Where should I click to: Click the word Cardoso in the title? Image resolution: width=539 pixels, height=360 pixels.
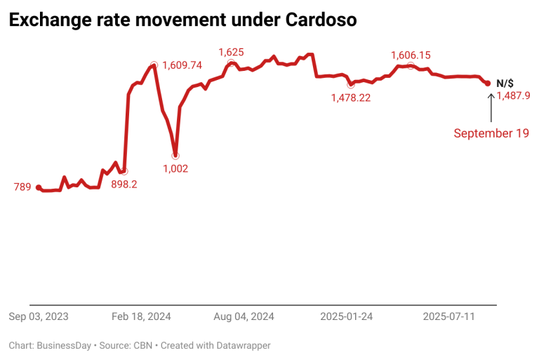pyautogui.click(x=321, y=20)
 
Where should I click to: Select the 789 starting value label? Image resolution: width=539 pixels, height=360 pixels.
pyautogui.click(x=22, y=187)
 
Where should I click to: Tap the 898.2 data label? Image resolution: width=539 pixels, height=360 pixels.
pyautogui.click(x=124, y=184)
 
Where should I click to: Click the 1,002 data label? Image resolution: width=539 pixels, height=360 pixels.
pyautogui.click(x=175, y=168)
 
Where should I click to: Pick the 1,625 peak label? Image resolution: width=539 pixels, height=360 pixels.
pyautogui.click(x=231, y=52)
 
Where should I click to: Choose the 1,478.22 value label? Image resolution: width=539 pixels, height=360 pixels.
pyautogui.click(x=350, y=98)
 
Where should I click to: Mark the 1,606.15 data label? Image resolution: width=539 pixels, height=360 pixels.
pyautogui.click(x=411, y=55)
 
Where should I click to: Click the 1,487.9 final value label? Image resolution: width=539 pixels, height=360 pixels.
pyautogui.click(x=512, y=96)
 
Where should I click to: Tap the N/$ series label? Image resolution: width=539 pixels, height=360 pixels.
pyautogui.click(x=505, y=83)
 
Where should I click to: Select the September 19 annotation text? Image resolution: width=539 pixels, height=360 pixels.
pyautogui.click(x=491, y=133)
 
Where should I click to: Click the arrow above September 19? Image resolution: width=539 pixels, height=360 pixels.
pyautogui.click(x=490, y=105)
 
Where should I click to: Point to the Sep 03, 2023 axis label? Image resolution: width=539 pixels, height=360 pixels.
pyautogui.click(x=39, y=316)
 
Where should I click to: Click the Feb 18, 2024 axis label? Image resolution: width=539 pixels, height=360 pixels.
pyautogui.click(x=141, y=316)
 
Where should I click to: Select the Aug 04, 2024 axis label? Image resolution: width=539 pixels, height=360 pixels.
pyautogui.click(x=244, y=316)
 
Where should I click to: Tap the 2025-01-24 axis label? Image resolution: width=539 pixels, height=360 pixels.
pyautogui.click(x=347, y=316)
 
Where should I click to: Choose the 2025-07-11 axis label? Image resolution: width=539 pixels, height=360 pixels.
pyautogui.click(x=449, y=316)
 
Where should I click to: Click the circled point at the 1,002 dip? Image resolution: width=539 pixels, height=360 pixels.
pyautogui.click(x=175, y=155)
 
